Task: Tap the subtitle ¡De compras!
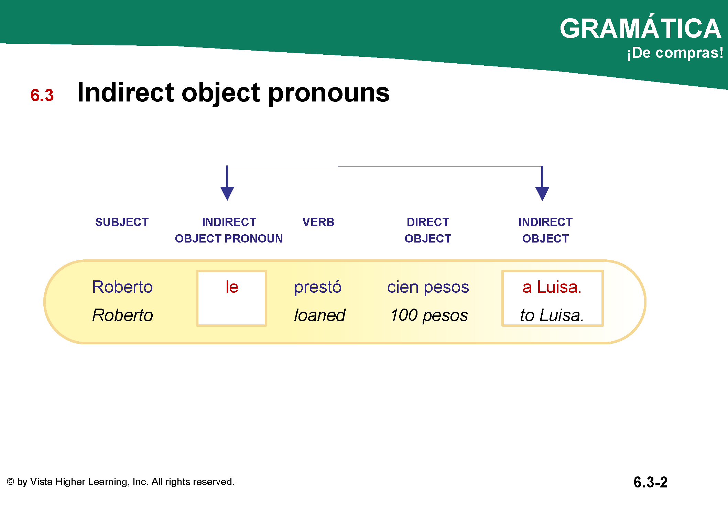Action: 675,53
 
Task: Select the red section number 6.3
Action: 42,95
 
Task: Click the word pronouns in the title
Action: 329,94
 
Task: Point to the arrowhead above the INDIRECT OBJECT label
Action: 542,194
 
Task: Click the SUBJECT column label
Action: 122,222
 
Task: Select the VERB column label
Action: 318,222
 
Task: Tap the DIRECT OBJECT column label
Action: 428,230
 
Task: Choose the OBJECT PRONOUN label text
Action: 229,239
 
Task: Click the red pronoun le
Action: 232,287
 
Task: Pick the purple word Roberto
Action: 122,287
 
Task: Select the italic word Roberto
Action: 122,315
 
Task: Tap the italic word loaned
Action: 320,315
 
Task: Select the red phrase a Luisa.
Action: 552,287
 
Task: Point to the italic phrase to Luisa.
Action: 552,315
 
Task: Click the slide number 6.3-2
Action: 651,482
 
